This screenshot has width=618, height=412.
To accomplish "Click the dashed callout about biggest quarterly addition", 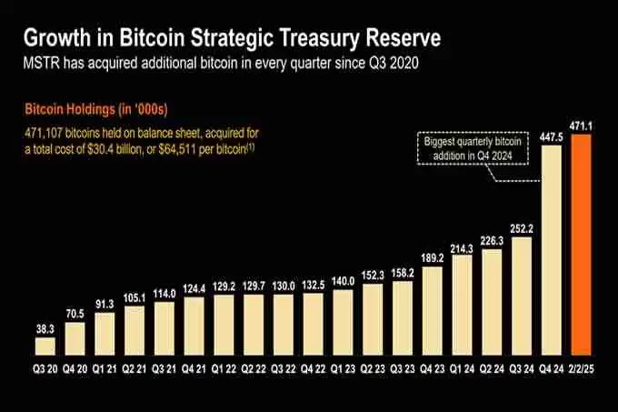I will click(474, 147).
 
